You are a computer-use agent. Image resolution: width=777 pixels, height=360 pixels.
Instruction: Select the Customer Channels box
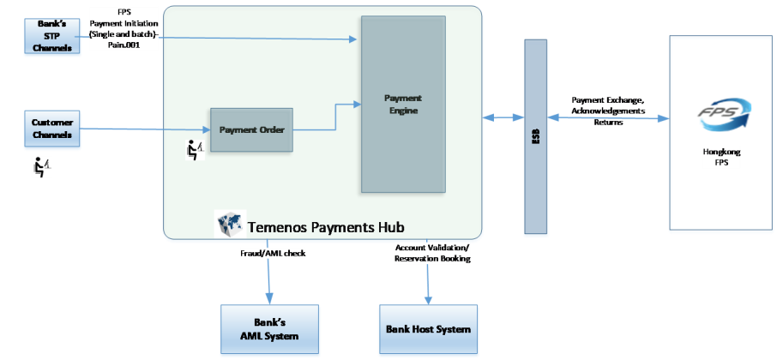pyautogui.click(x=52, y=129)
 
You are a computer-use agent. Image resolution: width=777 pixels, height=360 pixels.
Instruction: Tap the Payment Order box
pyautogui.click(x=251, y=130)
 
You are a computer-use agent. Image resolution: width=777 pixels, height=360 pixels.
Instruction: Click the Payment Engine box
pyautogui.click(x=402, y=104)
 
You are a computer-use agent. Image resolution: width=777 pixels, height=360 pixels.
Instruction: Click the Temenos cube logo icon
pyautogui.click(x=230, y=224)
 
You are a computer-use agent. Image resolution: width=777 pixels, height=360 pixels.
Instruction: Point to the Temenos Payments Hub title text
pyautogui.click(x=326, y=227)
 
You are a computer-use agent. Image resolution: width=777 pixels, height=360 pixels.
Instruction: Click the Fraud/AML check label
pyautogui.click(x=272, y=254)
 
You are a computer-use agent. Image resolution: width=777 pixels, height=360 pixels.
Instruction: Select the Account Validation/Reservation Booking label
pyautogui.click(x=432, y=254)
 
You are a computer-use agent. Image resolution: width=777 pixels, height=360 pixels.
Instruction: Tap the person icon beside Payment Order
pyautogui.click(x=196, y=150)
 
